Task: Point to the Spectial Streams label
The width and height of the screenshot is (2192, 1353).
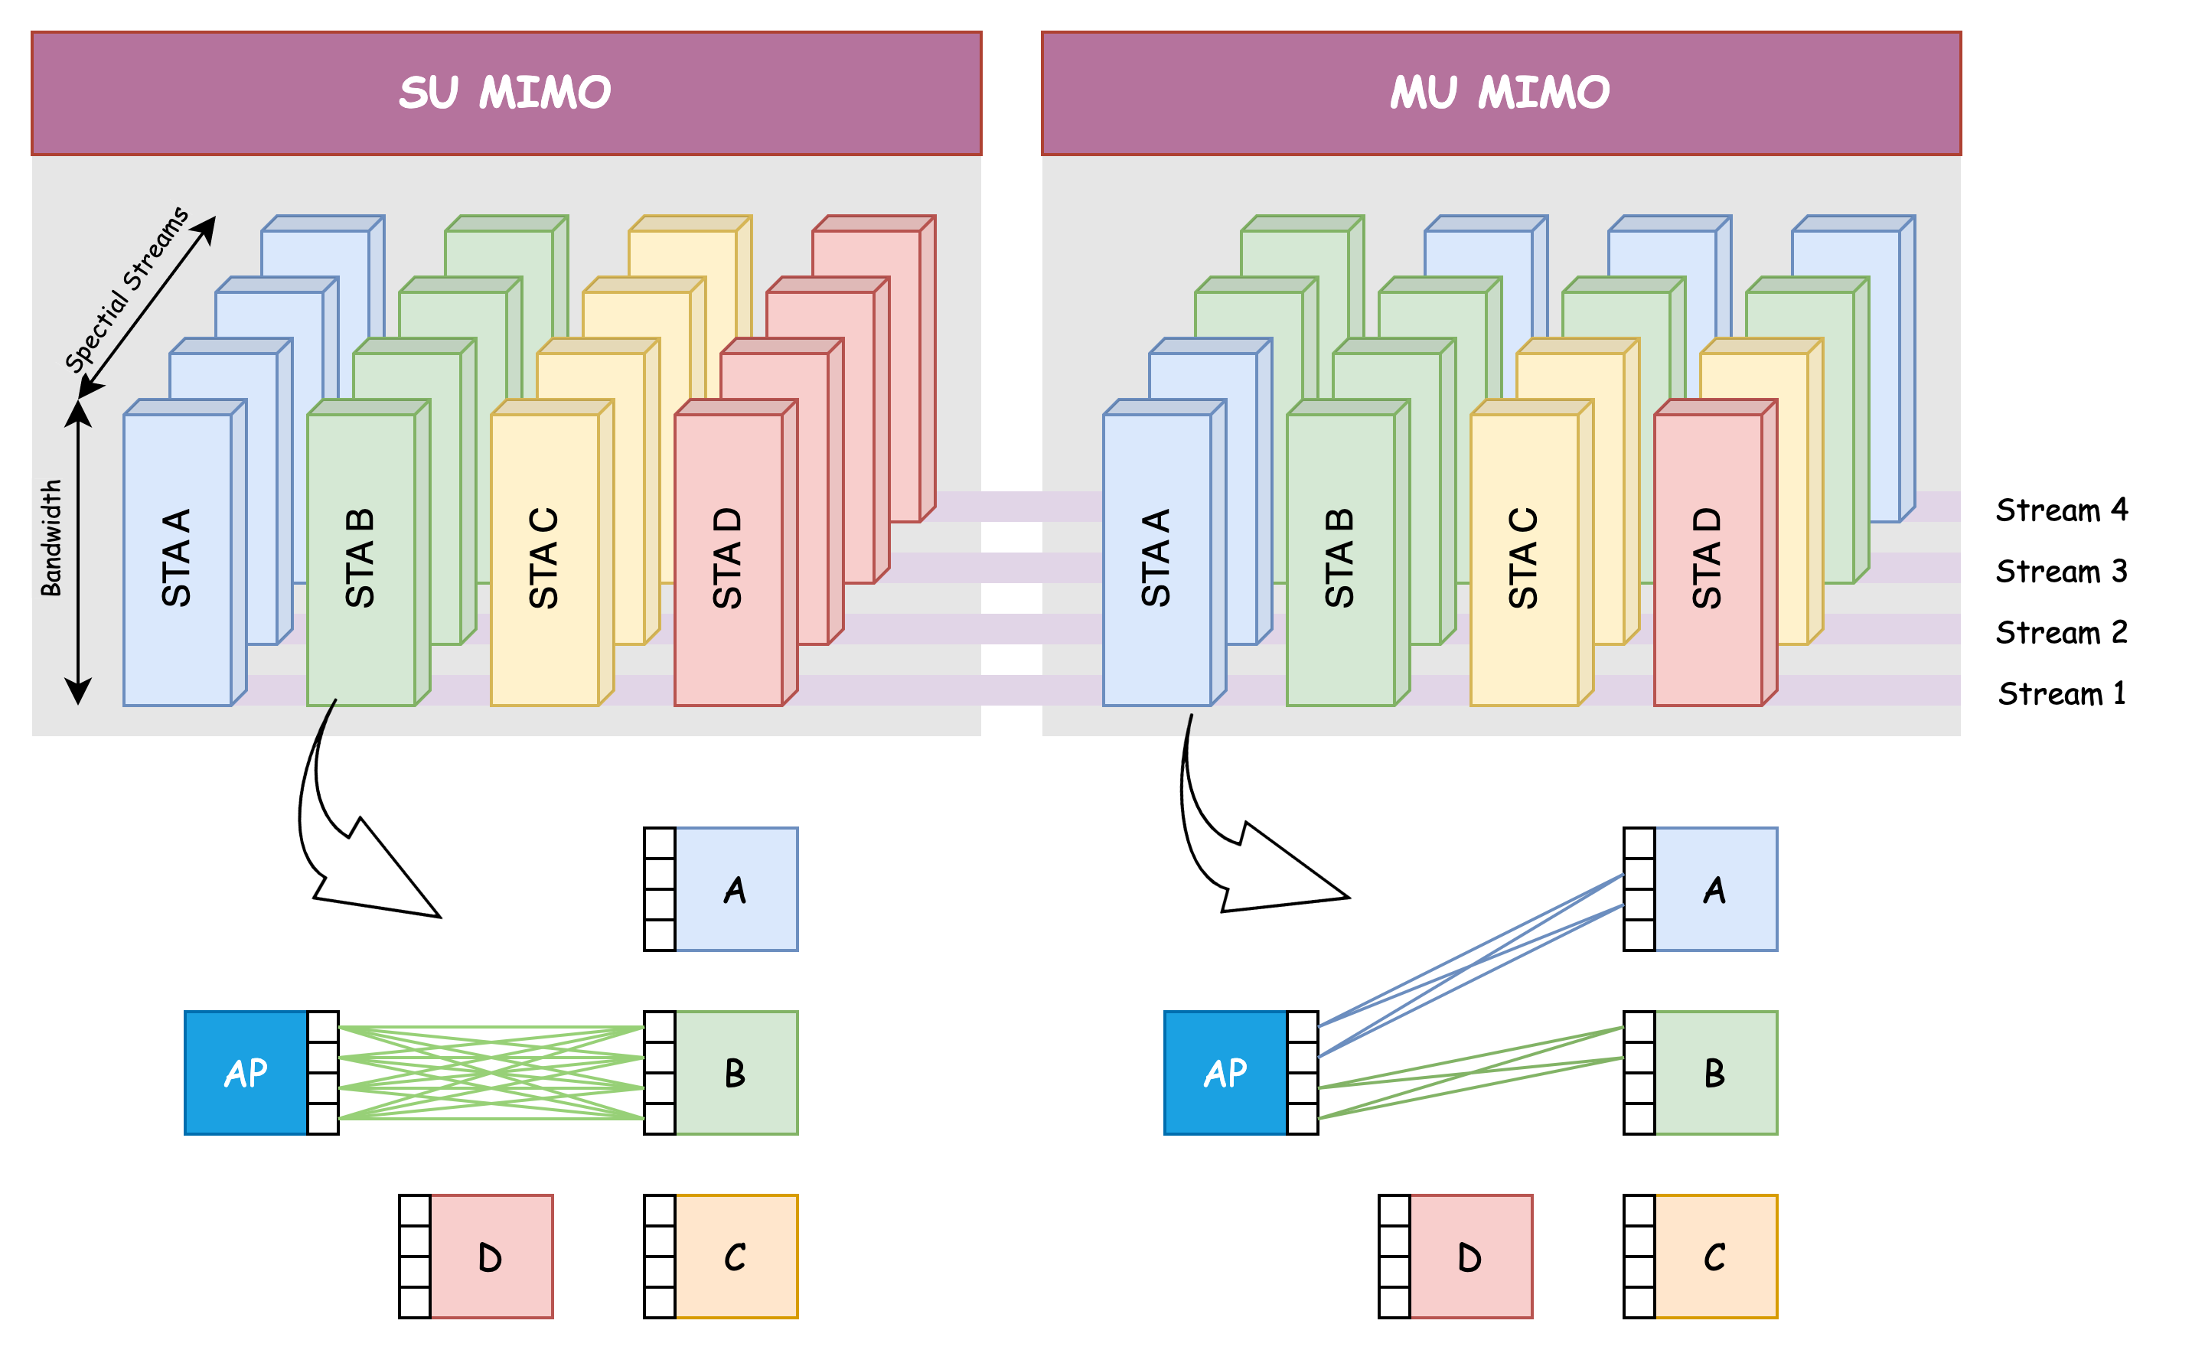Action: [x=127, y=289]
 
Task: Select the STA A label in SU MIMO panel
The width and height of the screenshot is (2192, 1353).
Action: [x=176, y=559]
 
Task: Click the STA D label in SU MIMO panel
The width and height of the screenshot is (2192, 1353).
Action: [x=727, y=559]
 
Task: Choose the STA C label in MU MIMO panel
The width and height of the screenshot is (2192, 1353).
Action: [x=1523, y=559]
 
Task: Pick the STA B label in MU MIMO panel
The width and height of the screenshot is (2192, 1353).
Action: [x=1339, y=559]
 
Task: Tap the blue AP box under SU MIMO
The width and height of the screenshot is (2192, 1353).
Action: [x=245, y=1073]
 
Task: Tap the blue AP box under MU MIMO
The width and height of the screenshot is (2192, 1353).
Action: [x=1224, y=1073]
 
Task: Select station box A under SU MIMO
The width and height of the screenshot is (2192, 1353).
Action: [x=736, y=889]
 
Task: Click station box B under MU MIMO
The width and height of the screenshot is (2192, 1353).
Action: [x=1715, y=1073]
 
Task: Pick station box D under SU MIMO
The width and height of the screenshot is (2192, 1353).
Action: [x=491, y=1257]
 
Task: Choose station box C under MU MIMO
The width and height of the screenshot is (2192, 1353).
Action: [x=1715, y=1257]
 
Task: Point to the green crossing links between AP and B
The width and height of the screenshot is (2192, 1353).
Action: [x=491, y=1073]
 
